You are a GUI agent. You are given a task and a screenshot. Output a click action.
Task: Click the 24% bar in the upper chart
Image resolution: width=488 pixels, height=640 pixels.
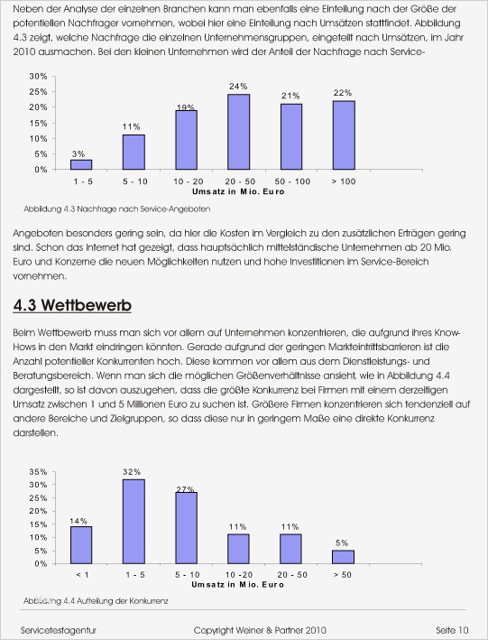pos(238,132)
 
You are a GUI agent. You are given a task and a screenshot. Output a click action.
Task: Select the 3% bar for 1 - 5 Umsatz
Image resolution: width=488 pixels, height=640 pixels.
pos(81,164)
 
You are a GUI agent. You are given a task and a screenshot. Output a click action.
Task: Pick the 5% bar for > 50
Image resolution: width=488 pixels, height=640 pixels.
pos(343,556)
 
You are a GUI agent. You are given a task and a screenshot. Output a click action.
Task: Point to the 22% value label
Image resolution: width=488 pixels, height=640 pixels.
pos(343,93)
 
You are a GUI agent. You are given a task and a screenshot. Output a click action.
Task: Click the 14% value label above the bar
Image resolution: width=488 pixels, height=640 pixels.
pos(79,520)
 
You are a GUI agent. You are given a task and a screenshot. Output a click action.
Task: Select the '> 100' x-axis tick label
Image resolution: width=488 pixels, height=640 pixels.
pos(343,181)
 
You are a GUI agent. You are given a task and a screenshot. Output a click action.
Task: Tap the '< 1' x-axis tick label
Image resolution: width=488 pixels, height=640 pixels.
pos(81,574)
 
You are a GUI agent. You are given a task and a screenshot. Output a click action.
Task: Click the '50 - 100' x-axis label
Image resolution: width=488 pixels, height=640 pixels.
pos(290,181)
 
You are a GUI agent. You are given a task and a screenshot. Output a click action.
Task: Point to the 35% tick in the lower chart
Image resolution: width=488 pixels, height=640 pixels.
pos(38,472)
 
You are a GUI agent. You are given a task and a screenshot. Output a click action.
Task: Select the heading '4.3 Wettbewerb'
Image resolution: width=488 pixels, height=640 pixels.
pos(73,306)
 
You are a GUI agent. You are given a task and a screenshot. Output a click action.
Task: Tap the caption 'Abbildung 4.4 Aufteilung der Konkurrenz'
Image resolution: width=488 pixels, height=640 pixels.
pos(97,599)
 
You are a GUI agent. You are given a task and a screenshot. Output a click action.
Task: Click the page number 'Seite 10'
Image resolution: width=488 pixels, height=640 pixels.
pos(451,628)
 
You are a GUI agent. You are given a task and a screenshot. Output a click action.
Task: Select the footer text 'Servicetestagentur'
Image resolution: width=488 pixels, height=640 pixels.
pos(59,628)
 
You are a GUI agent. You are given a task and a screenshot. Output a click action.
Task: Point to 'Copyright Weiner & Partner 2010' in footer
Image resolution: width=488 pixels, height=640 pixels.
pos(260,628)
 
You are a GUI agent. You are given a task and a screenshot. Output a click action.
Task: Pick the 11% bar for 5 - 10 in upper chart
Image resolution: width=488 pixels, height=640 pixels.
pos(134,152)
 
